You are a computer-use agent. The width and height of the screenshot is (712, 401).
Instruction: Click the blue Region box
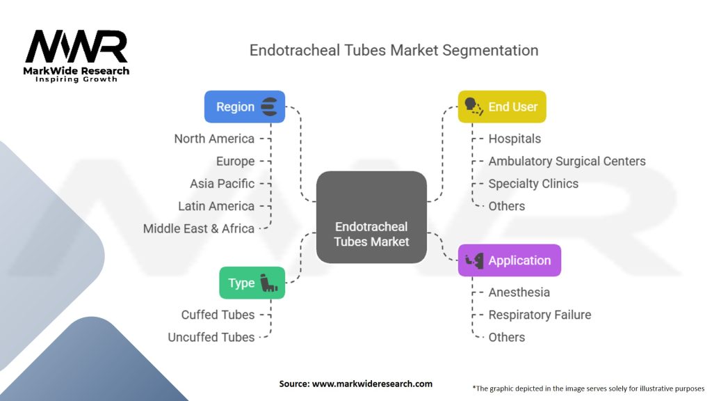[245, 107]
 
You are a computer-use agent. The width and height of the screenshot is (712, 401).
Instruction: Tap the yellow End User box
[502, 107]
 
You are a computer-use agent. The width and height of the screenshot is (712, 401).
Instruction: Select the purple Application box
[510, 260]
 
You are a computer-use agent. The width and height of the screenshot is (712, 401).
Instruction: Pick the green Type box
[252, 283]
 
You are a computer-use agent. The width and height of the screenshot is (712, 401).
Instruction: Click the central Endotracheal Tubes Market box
[371, 217]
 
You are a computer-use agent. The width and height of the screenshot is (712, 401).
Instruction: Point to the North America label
[214, 139]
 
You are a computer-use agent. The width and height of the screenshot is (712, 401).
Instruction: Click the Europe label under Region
[235, 162]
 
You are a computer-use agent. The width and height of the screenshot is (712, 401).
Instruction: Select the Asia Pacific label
[222, 184]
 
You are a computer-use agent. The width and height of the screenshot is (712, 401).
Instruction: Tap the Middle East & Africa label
[199, 228]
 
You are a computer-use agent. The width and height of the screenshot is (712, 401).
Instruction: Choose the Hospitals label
[515, 139]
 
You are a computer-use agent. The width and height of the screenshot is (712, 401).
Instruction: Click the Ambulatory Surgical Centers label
[567, 162]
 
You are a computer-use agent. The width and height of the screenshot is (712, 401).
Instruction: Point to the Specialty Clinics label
[533, 184]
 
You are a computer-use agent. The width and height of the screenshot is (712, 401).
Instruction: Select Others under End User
[507, 206]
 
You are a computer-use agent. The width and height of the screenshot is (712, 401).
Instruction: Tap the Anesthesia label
[519, 292]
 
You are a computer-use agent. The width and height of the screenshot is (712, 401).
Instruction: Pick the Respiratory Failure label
[540, 315]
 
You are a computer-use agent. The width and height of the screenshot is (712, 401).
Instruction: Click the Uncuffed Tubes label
[211, 338]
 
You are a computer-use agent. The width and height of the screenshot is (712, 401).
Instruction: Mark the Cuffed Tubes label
[218, 315]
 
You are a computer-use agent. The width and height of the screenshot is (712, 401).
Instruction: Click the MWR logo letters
[76, 47]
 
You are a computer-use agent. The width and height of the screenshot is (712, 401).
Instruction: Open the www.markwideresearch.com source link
[372, 384]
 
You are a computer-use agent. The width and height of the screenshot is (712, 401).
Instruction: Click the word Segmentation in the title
[490, 50]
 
